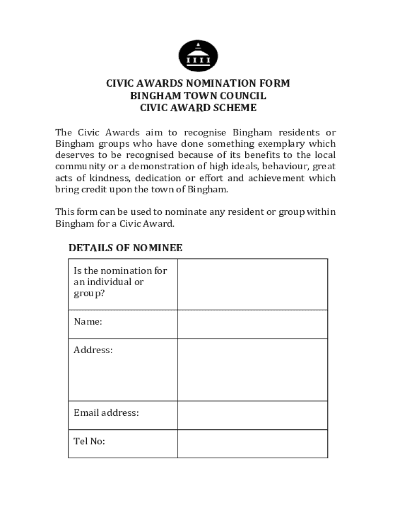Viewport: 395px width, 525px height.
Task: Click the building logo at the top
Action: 198,56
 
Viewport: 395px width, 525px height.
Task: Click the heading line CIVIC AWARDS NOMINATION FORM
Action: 198,83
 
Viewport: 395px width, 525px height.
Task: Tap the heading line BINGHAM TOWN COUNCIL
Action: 198,96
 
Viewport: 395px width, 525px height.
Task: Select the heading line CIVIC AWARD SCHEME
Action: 198,108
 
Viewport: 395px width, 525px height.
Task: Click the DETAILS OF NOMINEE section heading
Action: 125,248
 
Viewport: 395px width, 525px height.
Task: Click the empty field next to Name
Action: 252,324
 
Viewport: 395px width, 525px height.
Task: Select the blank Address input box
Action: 252,369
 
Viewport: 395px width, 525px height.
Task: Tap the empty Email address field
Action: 252,415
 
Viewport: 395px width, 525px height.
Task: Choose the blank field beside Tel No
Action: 252,443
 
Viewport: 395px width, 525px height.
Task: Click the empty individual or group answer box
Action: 252,284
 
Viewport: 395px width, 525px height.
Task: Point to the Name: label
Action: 88,322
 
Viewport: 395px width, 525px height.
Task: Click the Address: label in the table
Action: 93,350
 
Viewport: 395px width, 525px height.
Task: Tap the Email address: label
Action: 106,413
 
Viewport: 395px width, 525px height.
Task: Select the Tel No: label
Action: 89,441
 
